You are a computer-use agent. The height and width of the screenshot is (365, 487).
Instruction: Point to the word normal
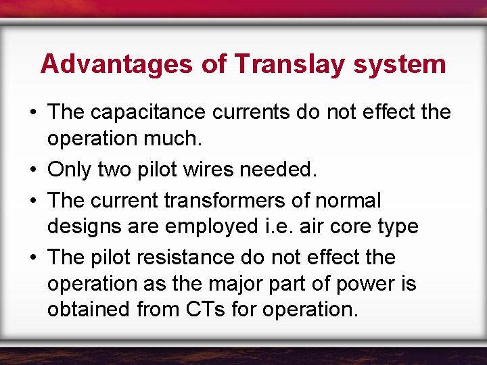348,201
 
